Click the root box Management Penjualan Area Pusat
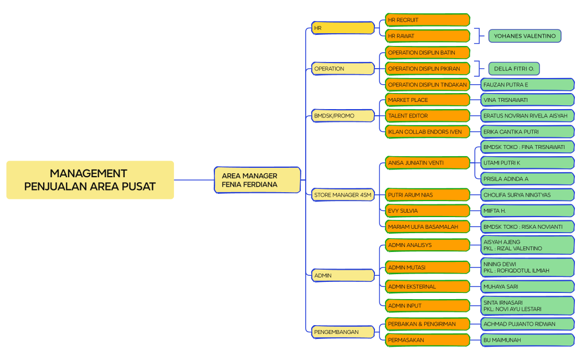90,180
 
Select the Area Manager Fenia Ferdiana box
258,180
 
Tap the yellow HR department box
343,28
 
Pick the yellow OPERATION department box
343,69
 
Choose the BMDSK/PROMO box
343,116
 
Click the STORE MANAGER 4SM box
343,195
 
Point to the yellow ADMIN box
343,275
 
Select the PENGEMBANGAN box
343,332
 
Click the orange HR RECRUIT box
428,20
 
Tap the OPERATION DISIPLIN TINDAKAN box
428,85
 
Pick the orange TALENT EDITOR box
428,116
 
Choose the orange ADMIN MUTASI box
428,268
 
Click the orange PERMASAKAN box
428,340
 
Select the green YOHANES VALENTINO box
525,36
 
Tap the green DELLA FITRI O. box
514,69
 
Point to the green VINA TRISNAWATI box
527,100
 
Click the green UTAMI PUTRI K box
527,163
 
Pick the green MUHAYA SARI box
527,287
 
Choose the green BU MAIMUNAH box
527,340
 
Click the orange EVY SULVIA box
428,211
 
